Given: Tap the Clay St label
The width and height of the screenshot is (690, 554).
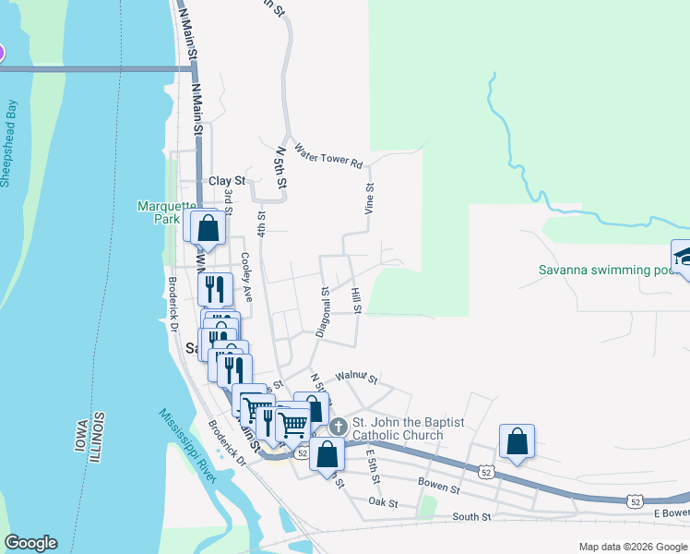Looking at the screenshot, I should [x=227, y=181].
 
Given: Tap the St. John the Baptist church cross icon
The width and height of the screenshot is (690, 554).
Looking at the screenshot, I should [x=339, y=427].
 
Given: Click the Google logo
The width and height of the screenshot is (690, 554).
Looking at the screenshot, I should [x=30, y=543].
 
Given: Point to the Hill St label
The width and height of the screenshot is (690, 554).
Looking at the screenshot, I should [x=356, y=299].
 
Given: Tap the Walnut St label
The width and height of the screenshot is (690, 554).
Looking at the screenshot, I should [x=357, y=378].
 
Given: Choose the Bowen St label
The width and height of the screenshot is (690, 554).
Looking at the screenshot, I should [x=439, y=487].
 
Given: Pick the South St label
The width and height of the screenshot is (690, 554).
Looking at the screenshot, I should [x=473, y=517].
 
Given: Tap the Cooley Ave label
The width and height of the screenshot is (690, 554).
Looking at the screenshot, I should [x=246, y=277].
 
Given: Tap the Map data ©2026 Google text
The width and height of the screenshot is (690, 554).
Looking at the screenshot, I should [x=632, y=547].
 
